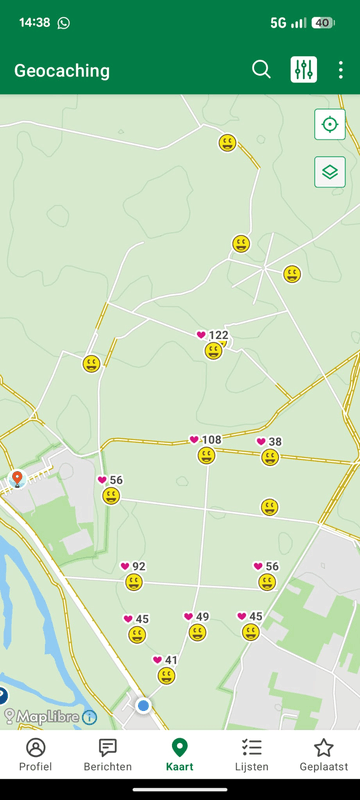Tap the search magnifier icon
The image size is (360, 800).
pyautogui.click(x=261, y=70)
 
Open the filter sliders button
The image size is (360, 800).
pyautogui.click(x=304, y=70)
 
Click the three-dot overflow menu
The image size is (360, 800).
pyautogui.click(x=341, y=70)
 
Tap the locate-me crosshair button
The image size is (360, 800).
pyautogui.click(x=329, y=125)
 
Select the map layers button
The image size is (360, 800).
pyautogui.click(x=329, y=172)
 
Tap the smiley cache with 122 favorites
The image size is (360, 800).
pyautogui.click(x=213, y=350)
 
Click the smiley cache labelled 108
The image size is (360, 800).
pyautogui.click(x=206, y=456)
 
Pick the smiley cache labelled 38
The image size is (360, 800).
pyautogui.click(x=270, y=457)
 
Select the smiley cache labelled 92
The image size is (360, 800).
pyautogui.click(x=133, y=582)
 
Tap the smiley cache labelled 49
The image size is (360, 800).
pyautogui.click(x=197, y=633)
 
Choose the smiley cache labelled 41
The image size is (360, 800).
pyautogui.click(x=166, y=676)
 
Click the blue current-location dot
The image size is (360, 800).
pyautogui.click(x=143, y=705)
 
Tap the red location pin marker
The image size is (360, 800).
pyautogui.click(x=16, y=479)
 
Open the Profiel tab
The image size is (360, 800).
pyautogui.click(x=36, y=755)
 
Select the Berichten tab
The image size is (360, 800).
pyautogui.click(x=108, y=755)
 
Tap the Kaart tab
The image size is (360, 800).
pyautogui.click(x=180, y=755)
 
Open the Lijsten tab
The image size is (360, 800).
pyautogui.click(x=252, y=755)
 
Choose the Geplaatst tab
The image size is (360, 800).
pyautogui.click(x=324, y=755)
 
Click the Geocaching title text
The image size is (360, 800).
pyautogui.click(x=62, y=71)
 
